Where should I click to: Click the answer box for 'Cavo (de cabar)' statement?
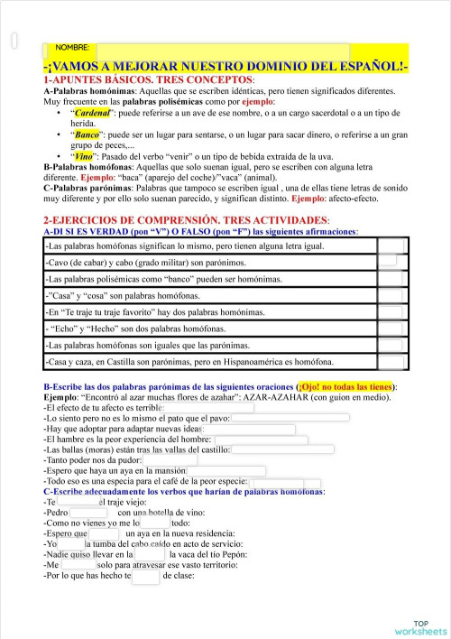tap(389, 262)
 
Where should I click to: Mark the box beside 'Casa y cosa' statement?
tap(390, 295)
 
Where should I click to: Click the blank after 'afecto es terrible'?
tap(208, 408)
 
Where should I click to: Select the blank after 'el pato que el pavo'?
tap(290, 418)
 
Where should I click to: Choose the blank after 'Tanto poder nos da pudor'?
tap(170, 459)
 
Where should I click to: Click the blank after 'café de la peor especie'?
tap(289, 480)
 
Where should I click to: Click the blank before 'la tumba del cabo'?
tap(71, 543)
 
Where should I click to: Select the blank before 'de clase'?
tap(146, 575)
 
